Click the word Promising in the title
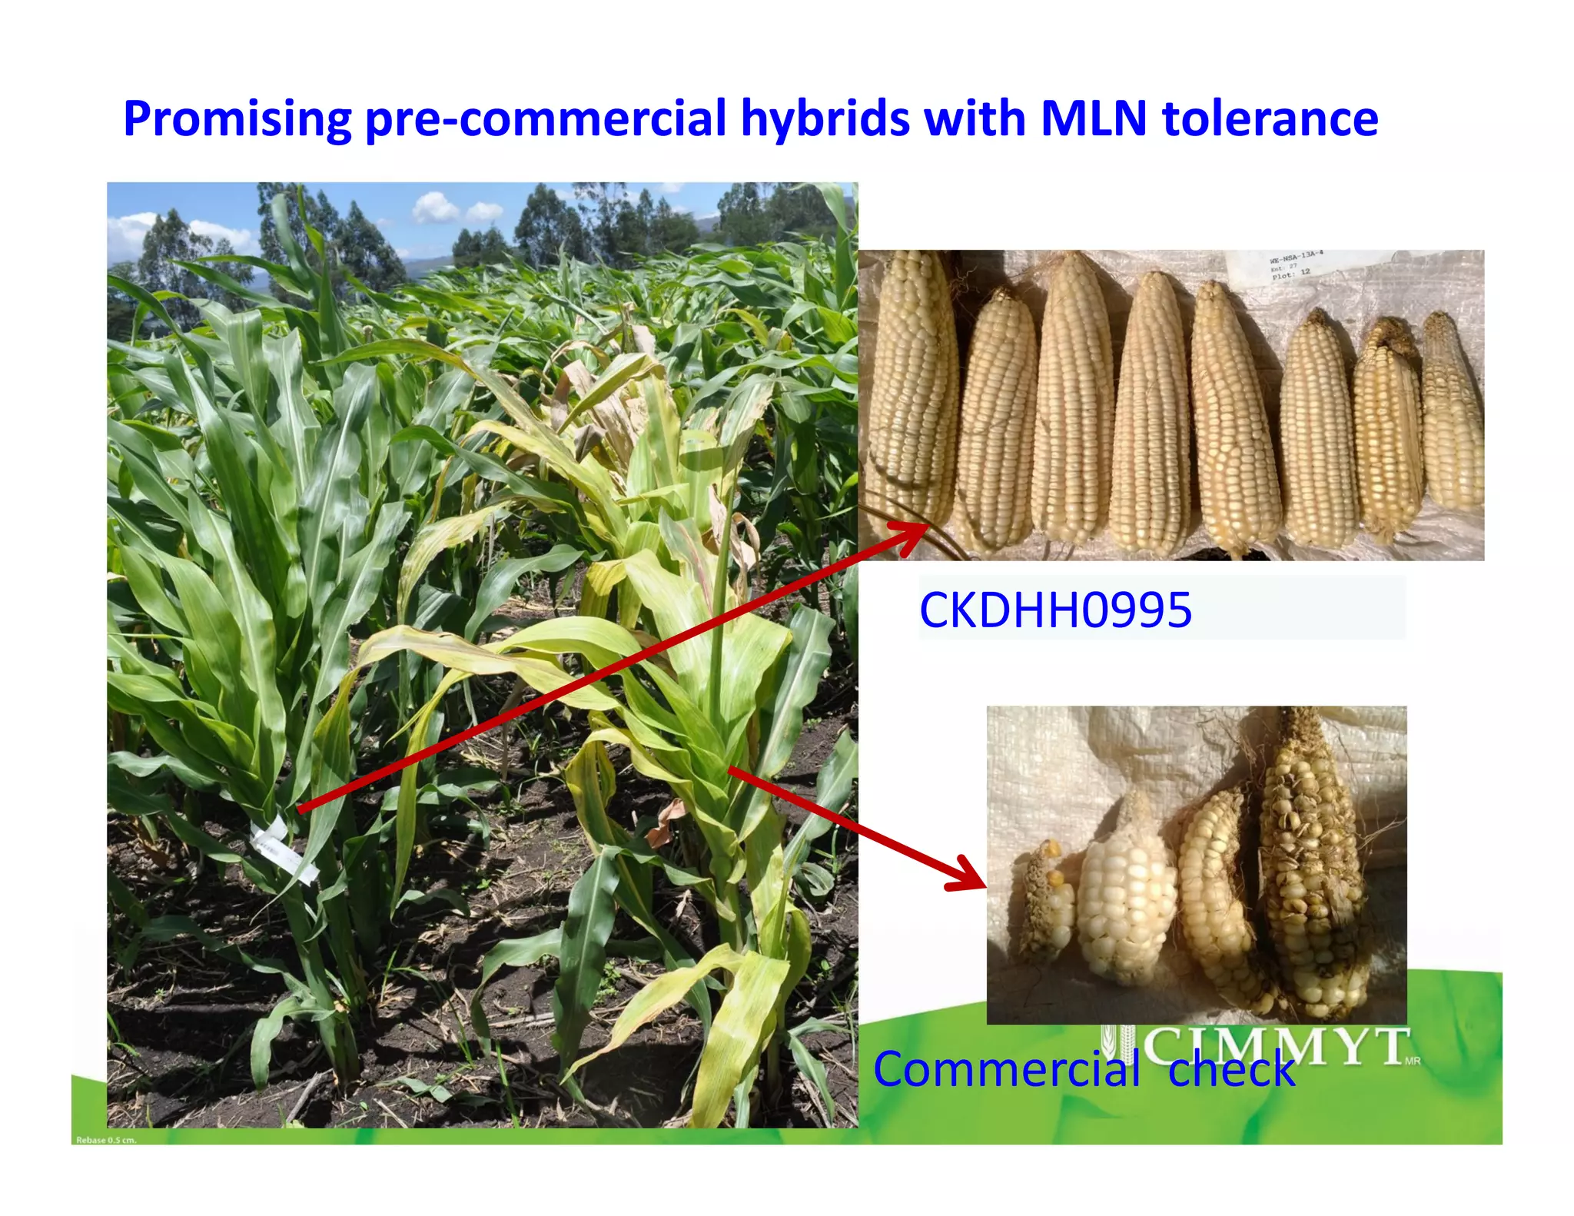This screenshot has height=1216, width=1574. (x=237, y=119)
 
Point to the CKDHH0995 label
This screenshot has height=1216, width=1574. (x=1055, y=610)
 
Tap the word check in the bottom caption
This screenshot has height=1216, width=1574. (x=1231, y=1069)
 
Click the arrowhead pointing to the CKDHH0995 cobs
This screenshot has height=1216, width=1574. (x=915, y=530)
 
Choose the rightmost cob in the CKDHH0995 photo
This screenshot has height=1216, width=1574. (x=1452, y=411)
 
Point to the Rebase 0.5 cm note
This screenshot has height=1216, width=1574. (x=106, y=1140)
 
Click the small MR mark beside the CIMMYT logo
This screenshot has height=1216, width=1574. (x=1412, y=1062)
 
